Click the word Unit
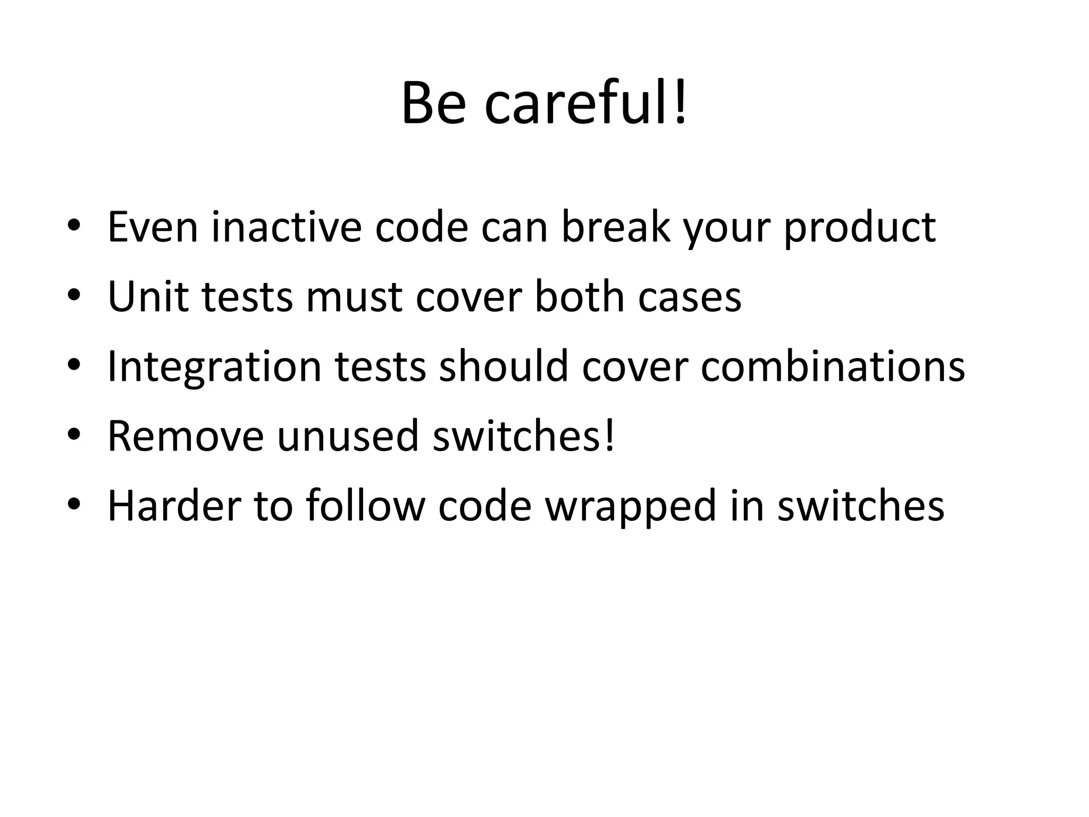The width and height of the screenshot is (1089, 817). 148,296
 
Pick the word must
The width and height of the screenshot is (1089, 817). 354,297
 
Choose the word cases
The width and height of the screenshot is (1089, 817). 689,297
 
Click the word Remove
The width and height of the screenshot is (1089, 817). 186,436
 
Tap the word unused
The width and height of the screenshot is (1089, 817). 348,436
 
